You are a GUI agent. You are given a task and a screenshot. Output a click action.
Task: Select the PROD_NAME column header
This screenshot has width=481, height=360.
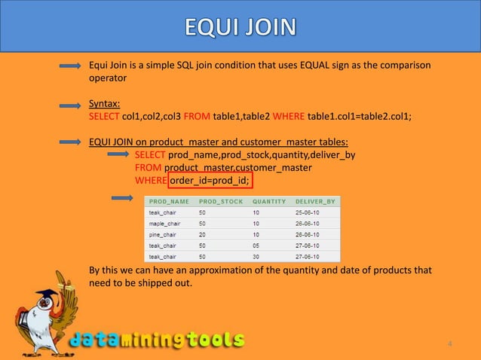169,202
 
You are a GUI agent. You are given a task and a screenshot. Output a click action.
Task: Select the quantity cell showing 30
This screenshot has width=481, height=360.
256,255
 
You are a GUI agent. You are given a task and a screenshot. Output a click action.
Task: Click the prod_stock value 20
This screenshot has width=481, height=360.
202,234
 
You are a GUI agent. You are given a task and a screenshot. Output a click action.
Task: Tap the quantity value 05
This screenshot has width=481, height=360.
256,245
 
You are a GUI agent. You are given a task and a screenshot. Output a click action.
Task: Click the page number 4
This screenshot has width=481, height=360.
450,344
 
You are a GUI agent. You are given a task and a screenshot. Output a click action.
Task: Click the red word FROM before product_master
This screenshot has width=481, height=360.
148,168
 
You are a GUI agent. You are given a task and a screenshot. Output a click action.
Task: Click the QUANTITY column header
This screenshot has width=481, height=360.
268,202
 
